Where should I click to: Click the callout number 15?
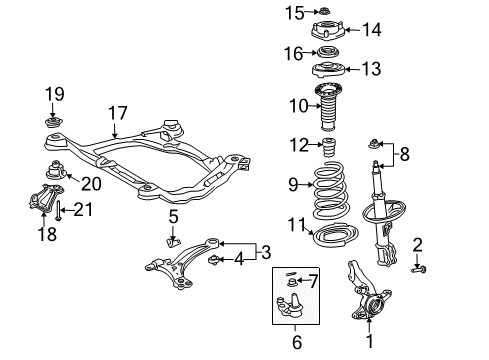(x=292, y=13)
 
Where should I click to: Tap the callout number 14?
(x=371, y=30)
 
